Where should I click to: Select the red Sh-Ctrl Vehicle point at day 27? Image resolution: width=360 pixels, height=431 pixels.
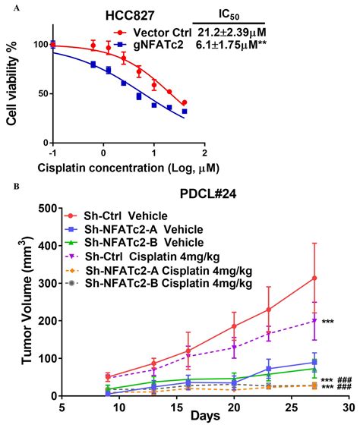coord(314,278)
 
